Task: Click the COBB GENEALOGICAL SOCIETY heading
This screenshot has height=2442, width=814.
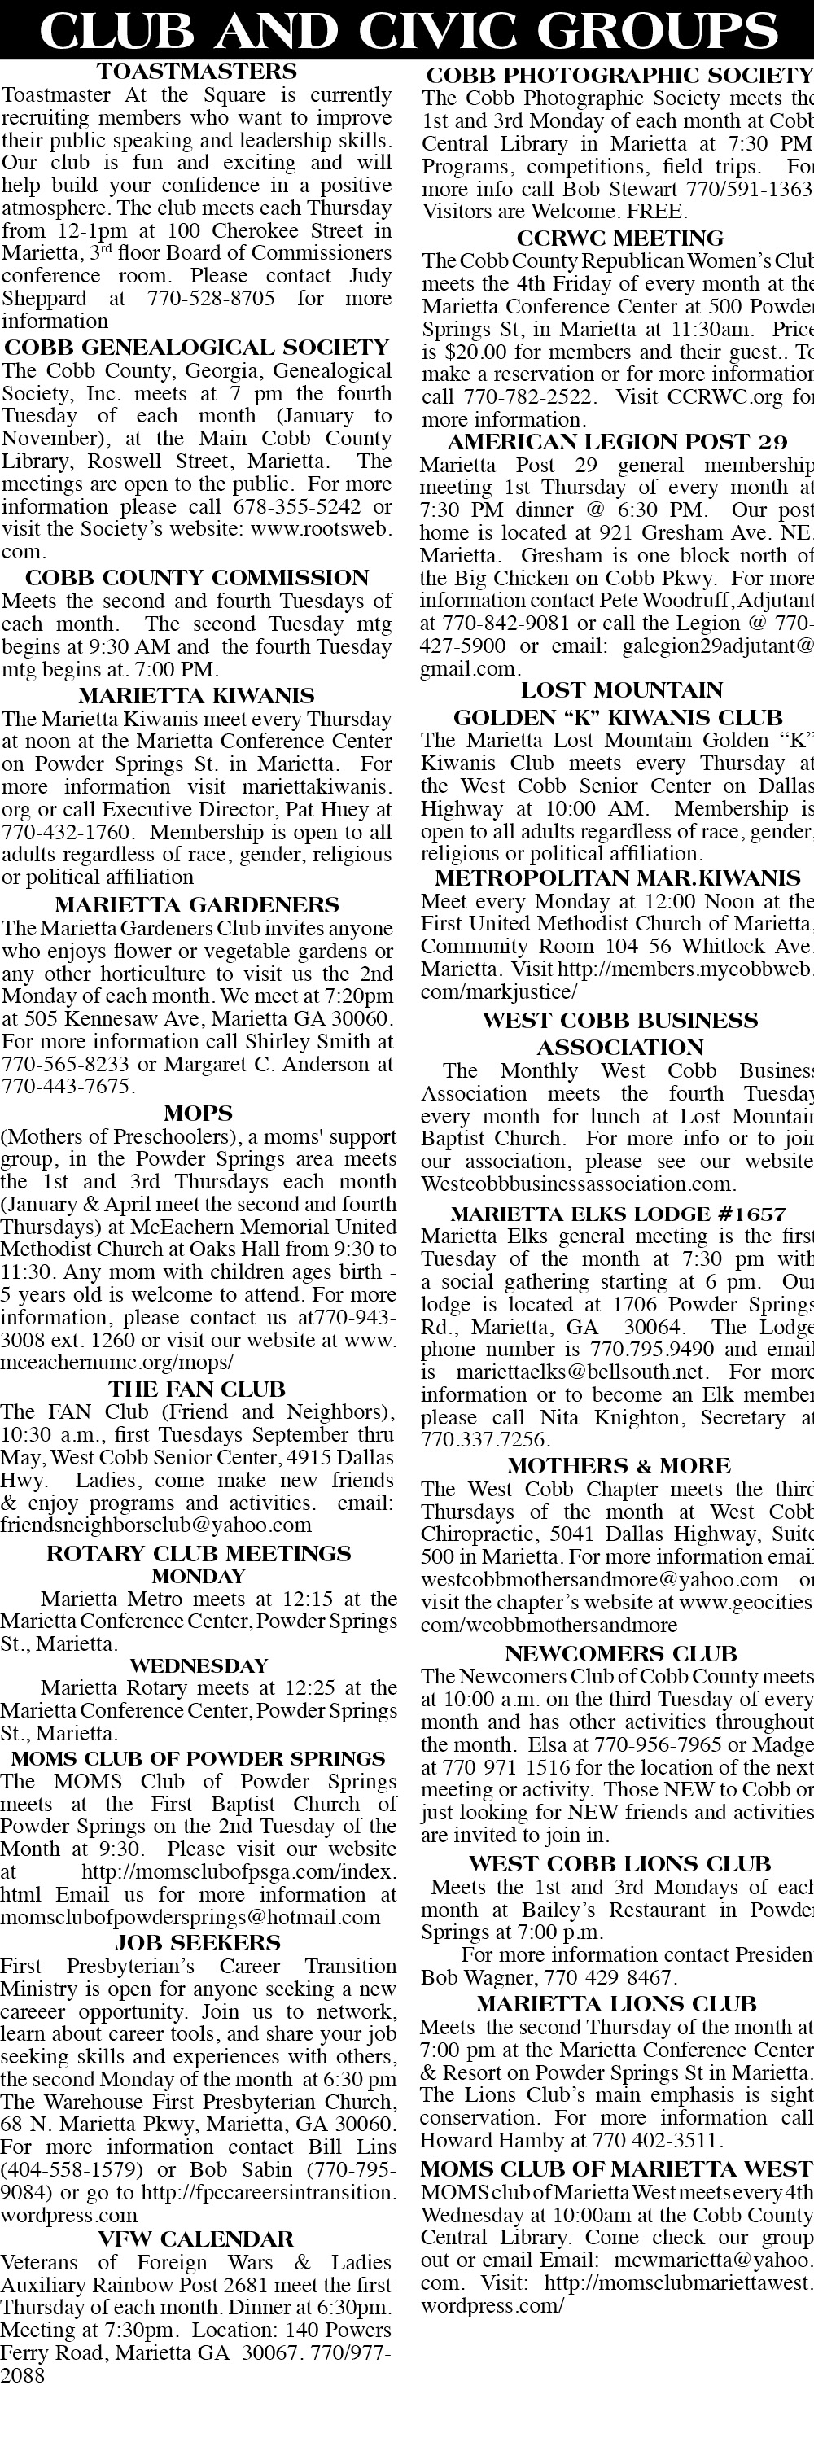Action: point(196,347)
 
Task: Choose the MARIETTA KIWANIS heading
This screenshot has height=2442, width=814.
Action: point(196,696)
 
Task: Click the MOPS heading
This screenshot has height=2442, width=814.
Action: point(197,1113)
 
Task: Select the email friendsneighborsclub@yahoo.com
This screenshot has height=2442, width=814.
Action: point(156,1525)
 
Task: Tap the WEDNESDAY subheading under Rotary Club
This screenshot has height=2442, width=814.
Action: point(198,1665)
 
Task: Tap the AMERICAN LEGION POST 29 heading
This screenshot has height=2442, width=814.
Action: point(617,442)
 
